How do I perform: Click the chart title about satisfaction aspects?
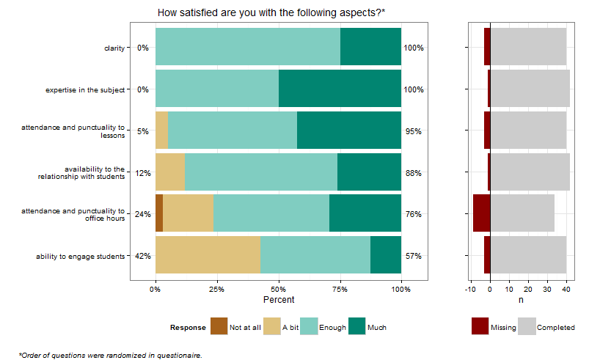(271, 12)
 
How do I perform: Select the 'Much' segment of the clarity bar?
(370, 48)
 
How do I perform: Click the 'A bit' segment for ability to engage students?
(208, 256)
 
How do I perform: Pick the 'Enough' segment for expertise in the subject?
(217, 89)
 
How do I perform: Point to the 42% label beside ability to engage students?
(143, 256)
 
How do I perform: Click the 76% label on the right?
(414, 214)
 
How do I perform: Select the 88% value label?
(414, 173)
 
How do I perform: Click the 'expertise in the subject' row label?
(87, 90)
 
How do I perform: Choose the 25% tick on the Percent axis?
(217, 290)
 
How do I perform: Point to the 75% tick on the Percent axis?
(340, 290)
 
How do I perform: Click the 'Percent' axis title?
(278, 300)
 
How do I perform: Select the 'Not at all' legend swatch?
(219, 327)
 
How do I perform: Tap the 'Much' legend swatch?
(356, 327)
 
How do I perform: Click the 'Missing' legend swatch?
(480, 327)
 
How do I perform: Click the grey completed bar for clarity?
(528, 48)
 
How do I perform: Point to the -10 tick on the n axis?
(471, 290)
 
